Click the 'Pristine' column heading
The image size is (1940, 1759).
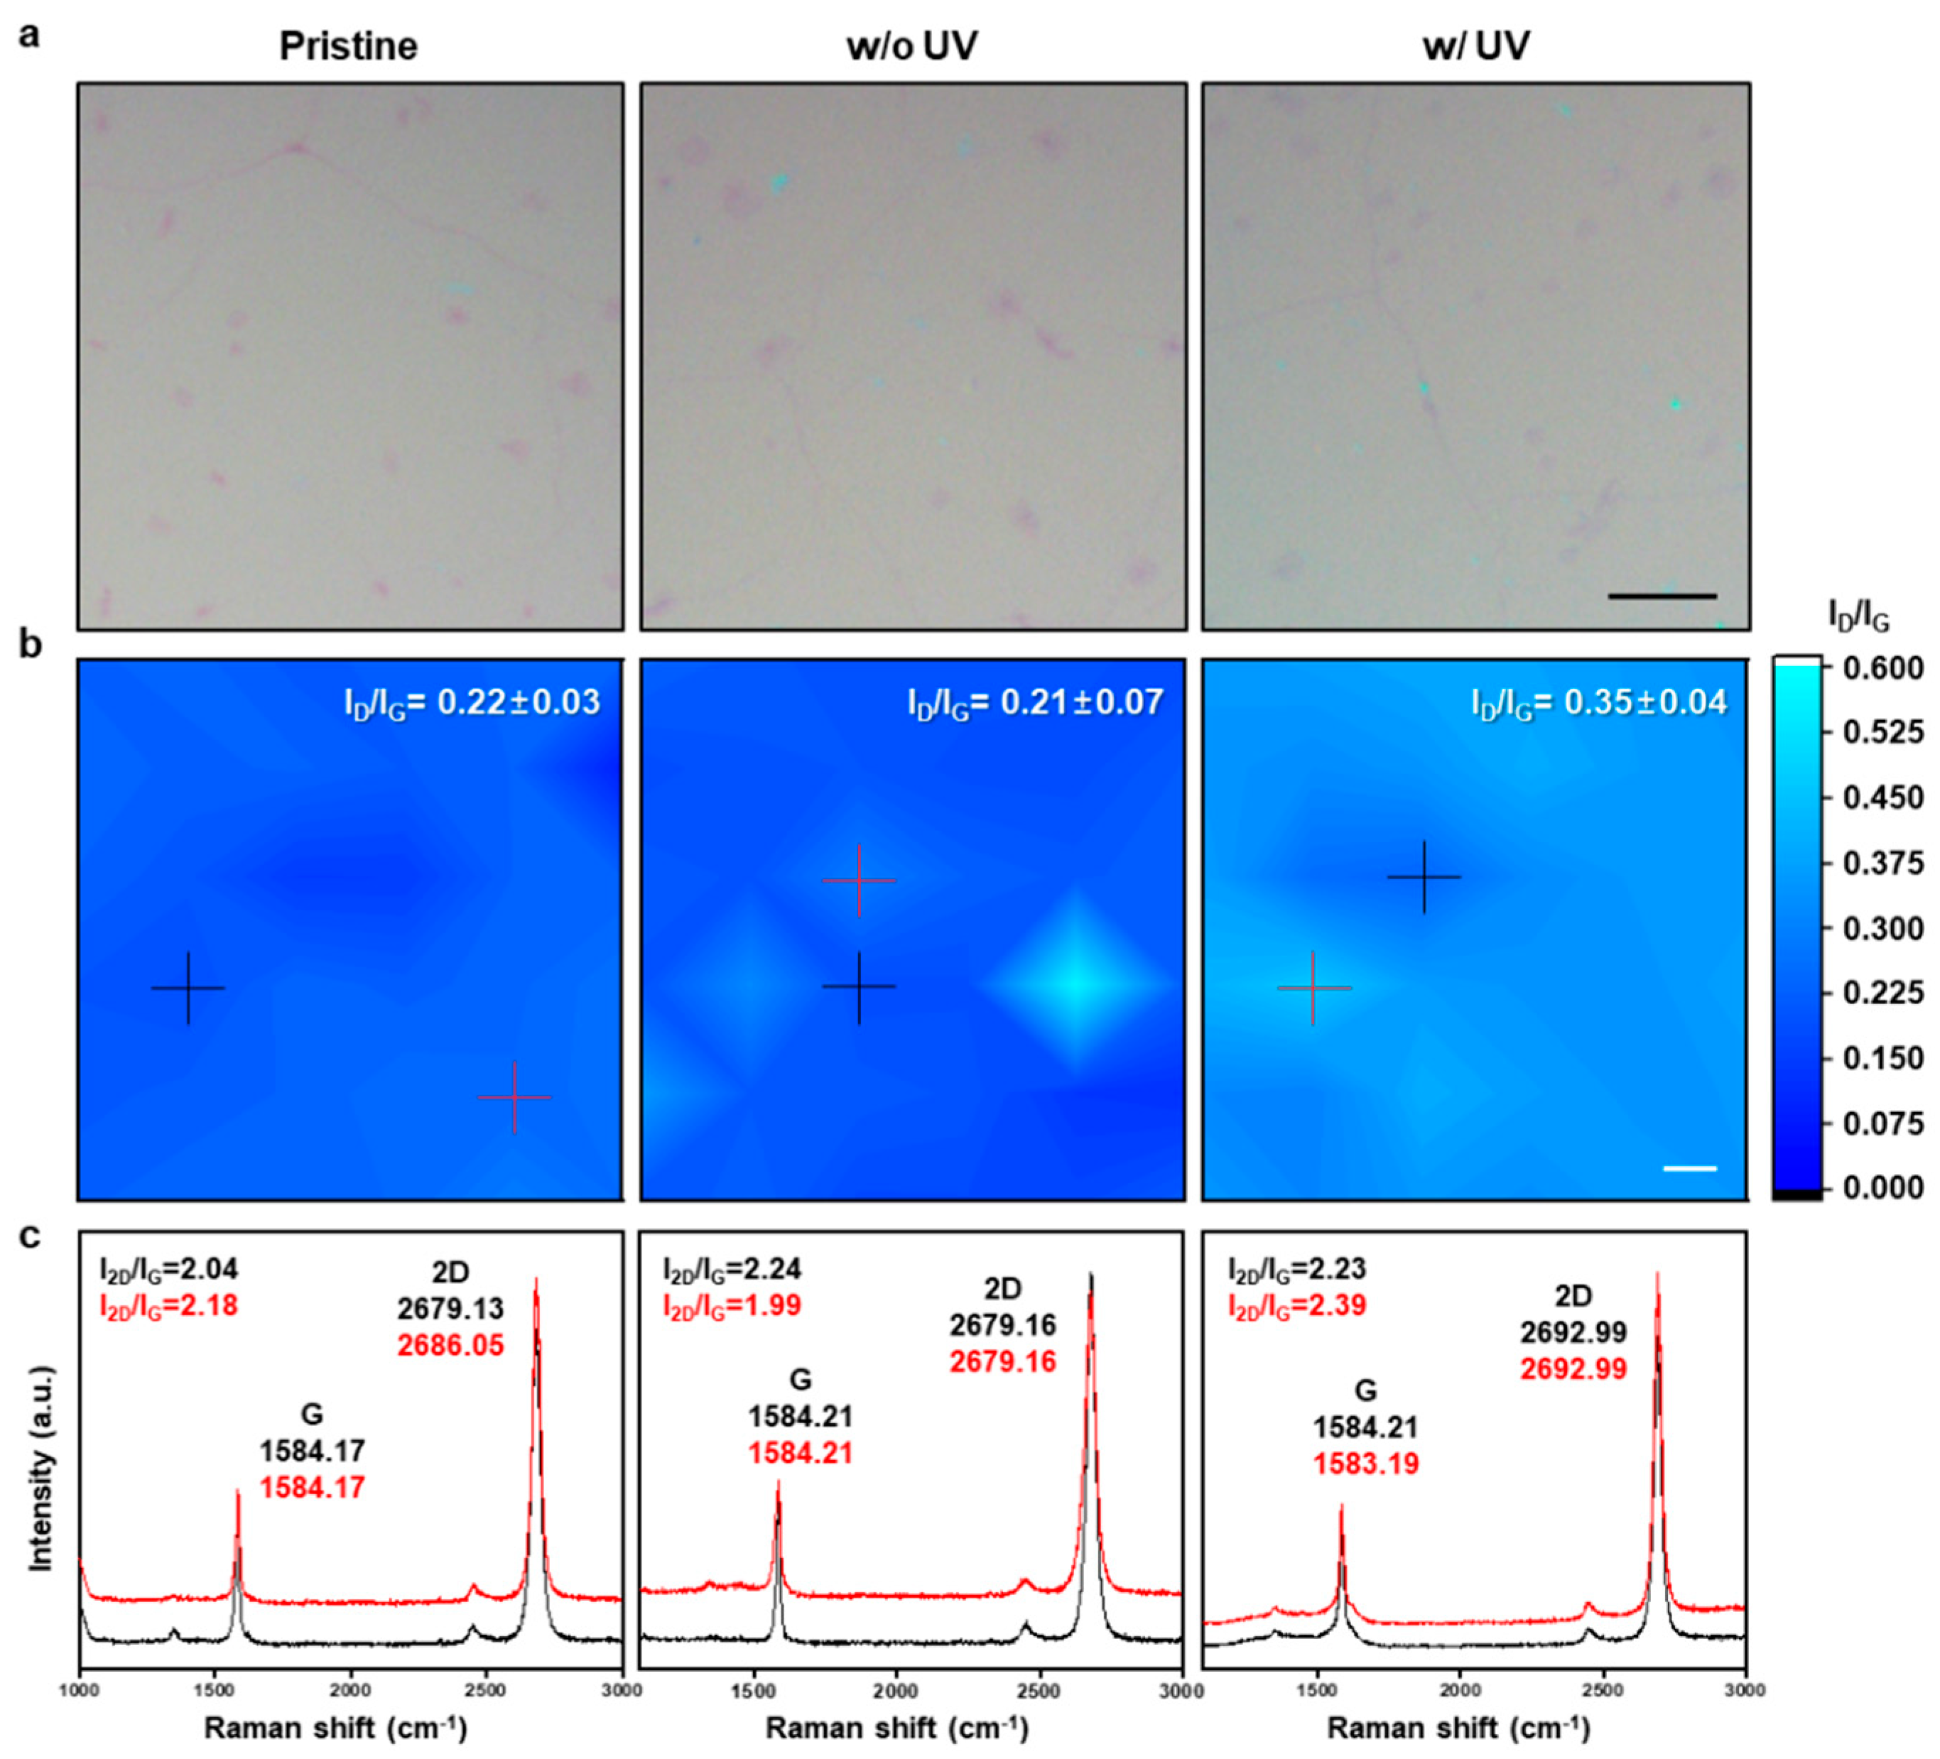[x=348, y=46]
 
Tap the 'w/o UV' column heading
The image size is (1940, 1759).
[x=911, y=46]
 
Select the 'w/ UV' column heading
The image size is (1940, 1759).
[x=1475, y=46]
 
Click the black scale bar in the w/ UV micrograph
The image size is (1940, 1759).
[x=1662, y=597]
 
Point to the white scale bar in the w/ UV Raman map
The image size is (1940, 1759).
[x=1690, y=1168]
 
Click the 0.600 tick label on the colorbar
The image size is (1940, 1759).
[x=1883, y=668]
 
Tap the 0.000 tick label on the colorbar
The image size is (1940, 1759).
[x=1883, y=1188]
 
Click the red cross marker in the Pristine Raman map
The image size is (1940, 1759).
[x=515, y=1097]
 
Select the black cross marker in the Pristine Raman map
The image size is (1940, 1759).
[x=189, y=989]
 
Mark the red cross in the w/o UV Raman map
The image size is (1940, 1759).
[x=858, y=881]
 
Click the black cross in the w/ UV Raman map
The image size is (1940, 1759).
[x=1424, y=876]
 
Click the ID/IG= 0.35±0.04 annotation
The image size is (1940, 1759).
[x=1599, y=702]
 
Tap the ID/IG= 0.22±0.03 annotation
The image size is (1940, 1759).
[x=472, y=702]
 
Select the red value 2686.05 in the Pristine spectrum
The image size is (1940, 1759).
[x=450, y=1345]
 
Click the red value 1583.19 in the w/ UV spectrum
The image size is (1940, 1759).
[x=1367, y=1464]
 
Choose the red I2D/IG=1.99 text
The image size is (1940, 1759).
[x=732, y=1306]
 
